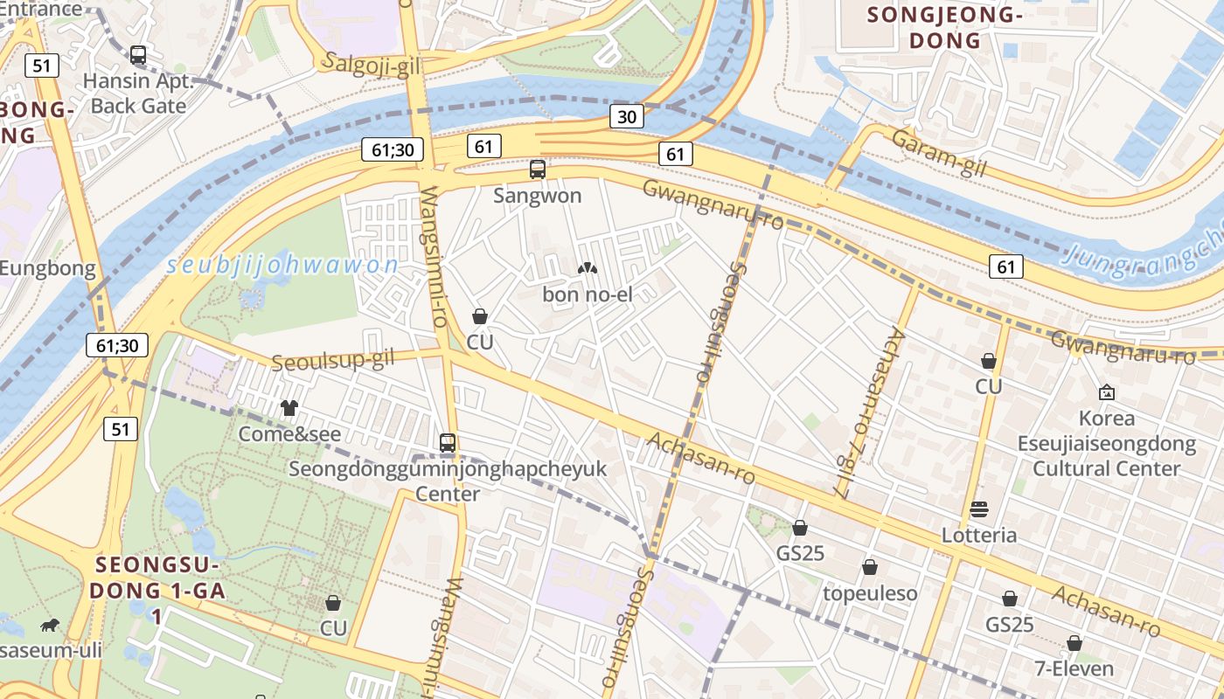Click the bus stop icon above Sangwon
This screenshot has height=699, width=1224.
538,169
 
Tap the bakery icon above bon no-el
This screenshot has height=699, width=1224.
588,268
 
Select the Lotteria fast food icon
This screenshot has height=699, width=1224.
979,509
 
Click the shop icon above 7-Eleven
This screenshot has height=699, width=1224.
1074,644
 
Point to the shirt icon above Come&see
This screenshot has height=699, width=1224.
289,408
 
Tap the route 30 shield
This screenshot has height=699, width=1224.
627,116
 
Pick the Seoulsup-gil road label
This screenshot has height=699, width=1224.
333,360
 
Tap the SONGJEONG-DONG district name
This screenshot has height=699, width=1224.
944,27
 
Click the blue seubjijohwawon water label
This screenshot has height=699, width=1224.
282,266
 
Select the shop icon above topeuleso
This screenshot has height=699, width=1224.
870,568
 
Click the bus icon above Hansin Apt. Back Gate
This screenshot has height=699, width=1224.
138,54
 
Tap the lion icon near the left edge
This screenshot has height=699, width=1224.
50,625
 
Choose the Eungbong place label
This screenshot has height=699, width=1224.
48,268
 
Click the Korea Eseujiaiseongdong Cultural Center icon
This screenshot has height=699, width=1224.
1107,392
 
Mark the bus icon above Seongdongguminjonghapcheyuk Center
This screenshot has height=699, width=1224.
448,443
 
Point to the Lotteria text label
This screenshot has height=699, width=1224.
979,535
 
